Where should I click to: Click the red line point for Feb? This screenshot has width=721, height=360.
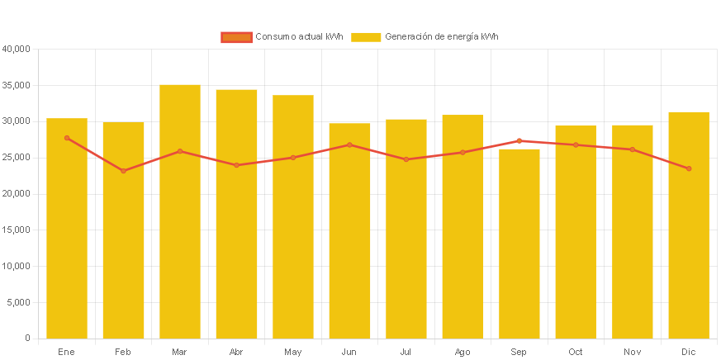[x=123, y=171]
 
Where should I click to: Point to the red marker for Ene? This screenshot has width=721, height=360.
[x=67, y=138]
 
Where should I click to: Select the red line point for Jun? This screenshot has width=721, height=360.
[x=349, y=144]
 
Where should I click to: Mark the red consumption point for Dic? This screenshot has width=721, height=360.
[x=689, y=168]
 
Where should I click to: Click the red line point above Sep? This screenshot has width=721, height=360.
[x=519, y=140]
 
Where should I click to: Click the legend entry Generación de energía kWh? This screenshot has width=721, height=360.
[x=425, y=37]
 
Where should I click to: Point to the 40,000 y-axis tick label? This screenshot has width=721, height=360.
[x=17, y=49]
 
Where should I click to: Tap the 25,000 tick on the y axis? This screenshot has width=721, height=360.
[x=17, y=157]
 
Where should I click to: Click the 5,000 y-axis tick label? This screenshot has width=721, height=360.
[x=19, y=302]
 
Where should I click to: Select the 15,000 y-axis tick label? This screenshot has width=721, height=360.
[x=17, y=230]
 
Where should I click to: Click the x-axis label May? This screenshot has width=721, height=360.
[x=292, y=353]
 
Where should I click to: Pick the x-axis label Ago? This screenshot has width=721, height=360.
[x=462, y=353]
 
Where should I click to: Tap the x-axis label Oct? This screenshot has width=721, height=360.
[x=576, y=353]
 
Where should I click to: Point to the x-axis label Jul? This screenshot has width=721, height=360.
[x=406, y=353]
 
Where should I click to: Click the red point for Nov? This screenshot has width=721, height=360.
[x=633, y=149]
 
